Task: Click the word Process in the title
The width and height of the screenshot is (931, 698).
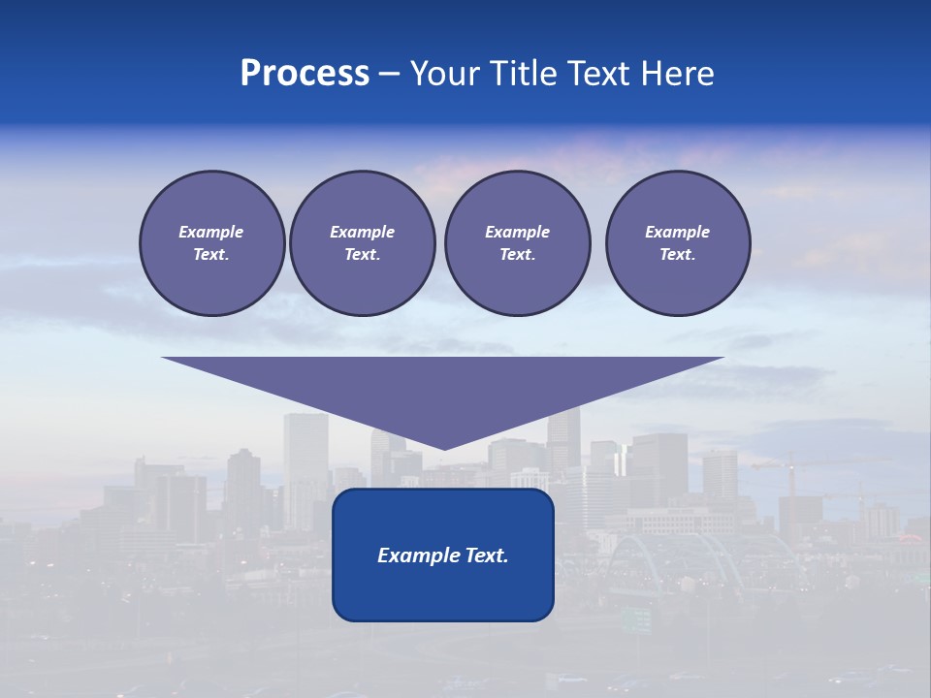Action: tap(305, 74)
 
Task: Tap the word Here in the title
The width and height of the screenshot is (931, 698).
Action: tap(676, 74)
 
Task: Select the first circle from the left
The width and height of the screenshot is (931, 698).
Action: tap(211, 243)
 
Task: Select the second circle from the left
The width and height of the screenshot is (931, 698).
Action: tap(362, 243)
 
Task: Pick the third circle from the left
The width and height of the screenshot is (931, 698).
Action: tap(517, 243)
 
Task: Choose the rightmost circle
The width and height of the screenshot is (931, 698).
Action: tap(677, 243)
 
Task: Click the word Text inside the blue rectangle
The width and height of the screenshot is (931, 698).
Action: tap(482, 555)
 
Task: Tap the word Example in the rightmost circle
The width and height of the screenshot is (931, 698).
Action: tap(677, 232)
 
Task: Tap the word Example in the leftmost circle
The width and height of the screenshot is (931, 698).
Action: tap(211, 232)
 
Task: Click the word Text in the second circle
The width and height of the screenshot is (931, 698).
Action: tap(362, 255)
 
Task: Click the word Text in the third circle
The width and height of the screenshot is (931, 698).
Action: tap(517, 255)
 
